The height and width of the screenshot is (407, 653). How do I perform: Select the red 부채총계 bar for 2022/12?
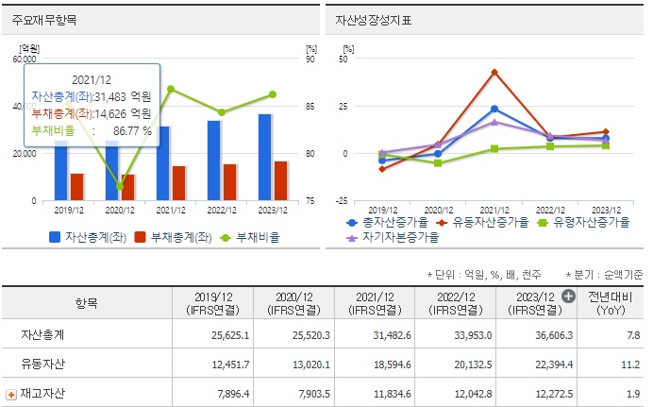point(230,182)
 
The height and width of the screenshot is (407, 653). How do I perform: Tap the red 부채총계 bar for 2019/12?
point(77,187)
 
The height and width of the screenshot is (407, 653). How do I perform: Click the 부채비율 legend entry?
point(251,237)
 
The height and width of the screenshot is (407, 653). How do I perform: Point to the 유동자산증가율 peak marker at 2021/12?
point(494,72)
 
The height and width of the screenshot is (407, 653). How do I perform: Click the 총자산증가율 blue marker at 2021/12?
point(494,109)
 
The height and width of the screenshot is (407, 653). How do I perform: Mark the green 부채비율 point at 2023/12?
point(272,94)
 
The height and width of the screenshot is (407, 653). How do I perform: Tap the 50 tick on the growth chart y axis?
point(343,59)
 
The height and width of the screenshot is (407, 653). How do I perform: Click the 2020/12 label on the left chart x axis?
point(120,211)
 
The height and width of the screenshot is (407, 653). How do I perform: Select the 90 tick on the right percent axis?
point(312,59)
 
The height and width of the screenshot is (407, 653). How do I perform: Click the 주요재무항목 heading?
point(39,19)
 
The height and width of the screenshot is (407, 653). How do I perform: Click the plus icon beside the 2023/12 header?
point(568,296)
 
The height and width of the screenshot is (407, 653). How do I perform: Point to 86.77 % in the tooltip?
point(131,131)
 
